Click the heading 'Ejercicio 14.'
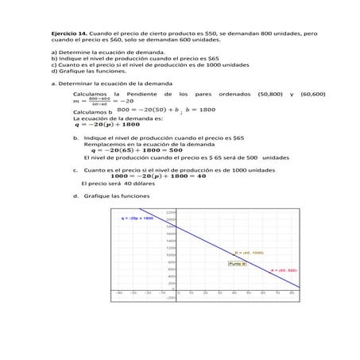[68, 33]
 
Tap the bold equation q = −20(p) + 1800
[106, 124]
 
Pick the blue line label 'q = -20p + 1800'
[137, 217]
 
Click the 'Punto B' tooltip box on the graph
[237, 263]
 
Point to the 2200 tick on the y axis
[170, 211]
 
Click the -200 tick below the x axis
[170, 298]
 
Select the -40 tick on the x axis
[119, 292]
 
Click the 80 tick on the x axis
[292, 292]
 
